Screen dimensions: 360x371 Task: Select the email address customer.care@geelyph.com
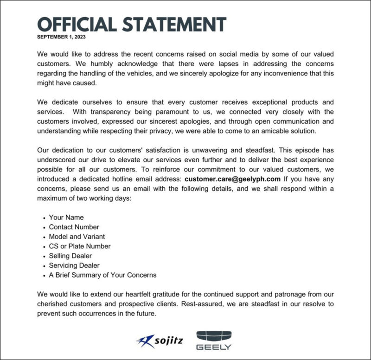click(232, 178)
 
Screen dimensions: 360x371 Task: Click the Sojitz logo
click(160, 341)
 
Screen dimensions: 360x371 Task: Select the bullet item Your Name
click(66, 217)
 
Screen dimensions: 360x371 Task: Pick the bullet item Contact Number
click(74, 227)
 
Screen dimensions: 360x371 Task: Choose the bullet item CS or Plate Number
click(80, 246)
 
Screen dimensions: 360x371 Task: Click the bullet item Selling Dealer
click(70, 256)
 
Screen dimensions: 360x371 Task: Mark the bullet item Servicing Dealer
click(74, 265)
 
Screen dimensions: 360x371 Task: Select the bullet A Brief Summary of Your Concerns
click(102, 275)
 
